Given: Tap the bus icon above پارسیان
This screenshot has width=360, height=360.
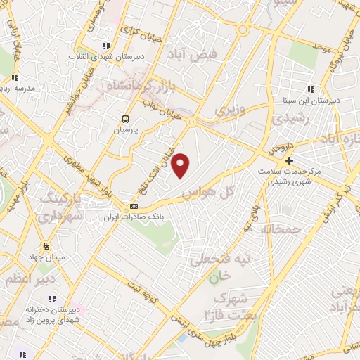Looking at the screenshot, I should click(x=125, y=119).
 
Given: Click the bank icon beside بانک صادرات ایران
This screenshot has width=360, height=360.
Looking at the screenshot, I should click(x=134, y=206).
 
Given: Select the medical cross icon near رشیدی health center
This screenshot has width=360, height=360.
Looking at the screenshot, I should click(x=289, y=160).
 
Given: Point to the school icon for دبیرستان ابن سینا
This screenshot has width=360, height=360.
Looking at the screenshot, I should click(x=310, y=89).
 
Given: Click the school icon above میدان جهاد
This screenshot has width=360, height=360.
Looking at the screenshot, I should click(x=46, y=245).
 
